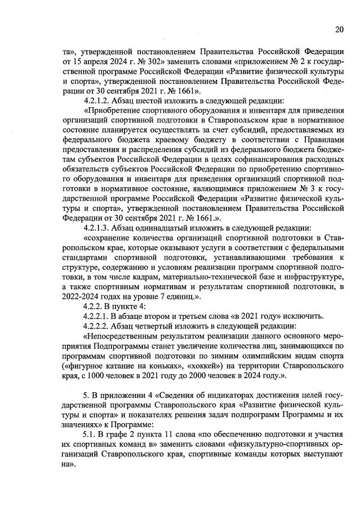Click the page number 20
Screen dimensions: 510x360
point(339,30)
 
